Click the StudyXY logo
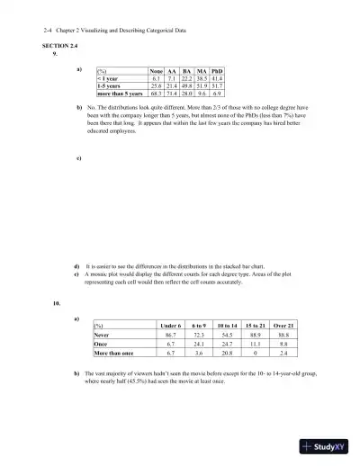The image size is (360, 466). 328,444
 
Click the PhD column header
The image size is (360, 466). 216,70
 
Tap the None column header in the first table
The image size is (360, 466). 157,70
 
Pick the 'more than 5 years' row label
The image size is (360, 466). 120,92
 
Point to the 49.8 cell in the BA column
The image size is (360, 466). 188,85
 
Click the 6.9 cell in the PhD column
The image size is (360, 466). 216,92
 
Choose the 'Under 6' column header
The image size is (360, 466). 170,325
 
